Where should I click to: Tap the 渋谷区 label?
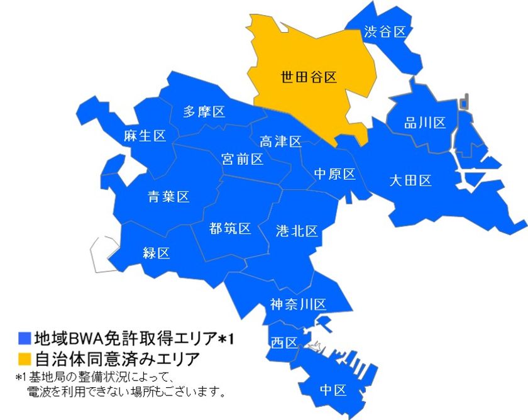coord(385,31)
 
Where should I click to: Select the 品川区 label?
coord(425,123)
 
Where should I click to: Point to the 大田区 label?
coord(410,181)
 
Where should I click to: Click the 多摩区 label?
coord(204,112)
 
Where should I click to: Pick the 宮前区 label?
coord(243,159)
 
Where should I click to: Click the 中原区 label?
coord(334,174)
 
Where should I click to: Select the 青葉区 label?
coord(168,197)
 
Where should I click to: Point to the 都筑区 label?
coord(230,228)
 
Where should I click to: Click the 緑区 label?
coord(157,253)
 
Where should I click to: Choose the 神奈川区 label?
coord(299,305)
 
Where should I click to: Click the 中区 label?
coord(333,390)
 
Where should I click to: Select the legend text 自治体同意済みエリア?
coord(117,360)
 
